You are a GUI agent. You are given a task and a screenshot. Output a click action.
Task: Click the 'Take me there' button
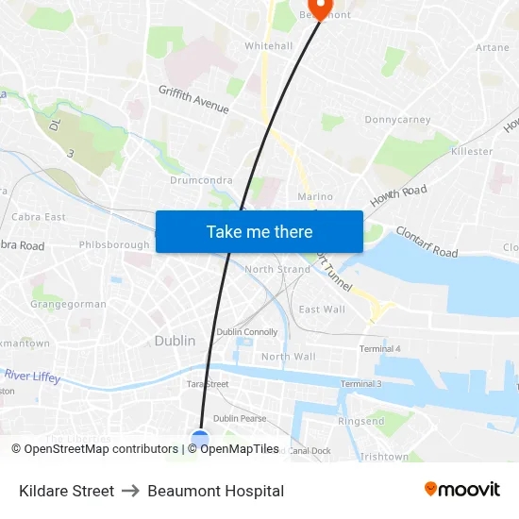[259, 231]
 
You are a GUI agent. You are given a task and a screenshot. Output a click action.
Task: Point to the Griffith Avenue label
[193, 99]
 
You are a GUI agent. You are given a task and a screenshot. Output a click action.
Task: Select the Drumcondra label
[201, 179]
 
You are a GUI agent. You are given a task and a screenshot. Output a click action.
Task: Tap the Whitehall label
[268, 45]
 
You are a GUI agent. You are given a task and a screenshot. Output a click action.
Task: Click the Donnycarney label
[397, 120]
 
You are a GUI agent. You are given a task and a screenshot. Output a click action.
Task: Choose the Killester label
[472, 151]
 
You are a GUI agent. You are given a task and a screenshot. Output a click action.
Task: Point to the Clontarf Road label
[427, 242]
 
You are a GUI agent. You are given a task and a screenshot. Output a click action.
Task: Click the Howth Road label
[398, 196]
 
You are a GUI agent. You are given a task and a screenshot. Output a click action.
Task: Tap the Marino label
[315, 196]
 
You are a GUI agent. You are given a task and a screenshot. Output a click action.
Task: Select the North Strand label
[277, 270]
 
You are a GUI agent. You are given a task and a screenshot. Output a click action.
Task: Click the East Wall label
[322, 310]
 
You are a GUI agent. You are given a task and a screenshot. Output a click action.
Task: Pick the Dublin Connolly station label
[247, 332]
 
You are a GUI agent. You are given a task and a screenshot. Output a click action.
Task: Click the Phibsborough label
[114, 245]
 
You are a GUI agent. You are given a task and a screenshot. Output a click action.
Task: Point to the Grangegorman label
[68, 305]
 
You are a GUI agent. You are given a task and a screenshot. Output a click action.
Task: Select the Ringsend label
[360, 421]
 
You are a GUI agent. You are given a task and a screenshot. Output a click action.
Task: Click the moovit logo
[462, 490]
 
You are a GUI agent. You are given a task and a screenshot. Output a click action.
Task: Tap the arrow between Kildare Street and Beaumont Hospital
[130, 491]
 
